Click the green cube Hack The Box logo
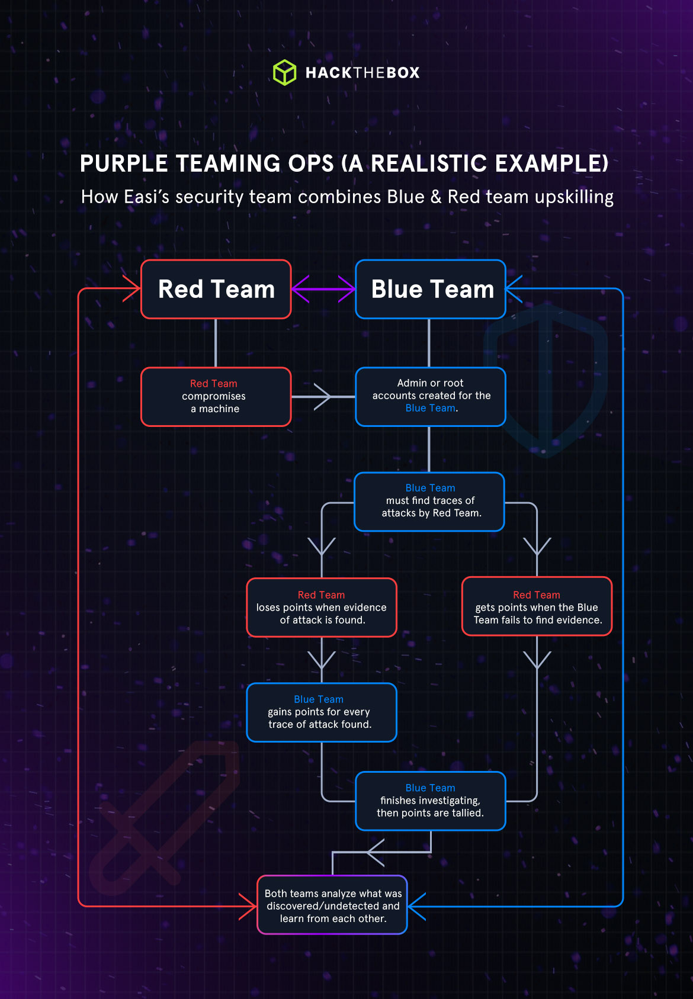(x=284, y=72)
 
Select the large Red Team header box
(x=216, y=289)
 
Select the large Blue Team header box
(x=431, y=289)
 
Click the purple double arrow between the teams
(x=323, y=289)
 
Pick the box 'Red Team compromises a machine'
(x=216, y=396)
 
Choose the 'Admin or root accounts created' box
(x=431, y=396)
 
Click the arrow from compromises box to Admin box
(x=322, y=396)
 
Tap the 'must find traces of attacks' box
(x=429, y=501)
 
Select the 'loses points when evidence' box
(x=322, y=607)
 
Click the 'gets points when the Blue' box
(x=537, y=606)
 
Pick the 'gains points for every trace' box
(x=322, y=712)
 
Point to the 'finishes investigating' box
(x=431, y=801)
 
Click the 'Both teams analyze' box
(x=332, y=905)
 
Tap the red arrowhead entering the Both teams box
(x=249, y=906)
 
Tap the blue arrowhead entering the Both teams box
(x=416, y=906)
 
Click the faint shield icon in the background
(x=545, y=379)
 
